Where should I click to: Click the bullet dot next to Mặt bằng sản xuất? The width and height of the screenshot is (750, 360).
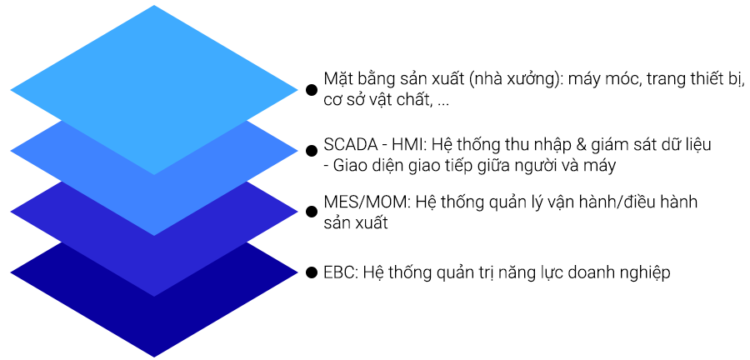click(x=312, y=90)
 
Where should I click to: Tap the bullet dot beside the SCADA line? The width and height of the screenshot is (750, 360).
click(x=312, y=151)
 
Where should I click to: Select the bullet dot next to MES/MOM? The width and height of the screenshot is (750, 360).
click(x=312, y=212)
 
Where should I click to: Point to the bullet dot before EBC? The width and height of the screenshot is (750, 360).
click(x=312, y=272)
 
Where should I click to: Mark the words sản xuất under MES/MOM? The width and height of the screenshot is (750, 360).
click(x=356, y=222)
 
